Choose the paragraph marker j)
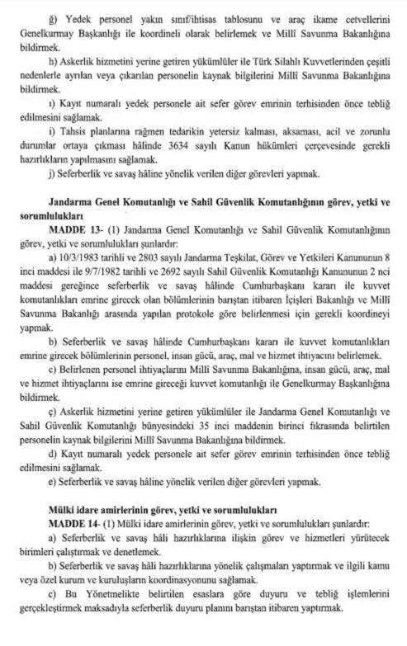tap(54, 173)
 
